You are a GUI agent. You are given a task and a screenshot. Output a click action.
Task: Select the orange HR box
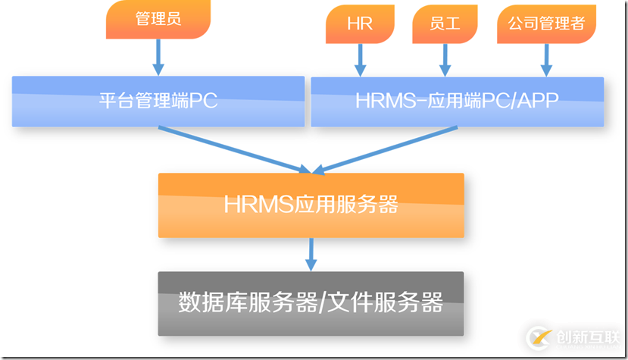point(361,24)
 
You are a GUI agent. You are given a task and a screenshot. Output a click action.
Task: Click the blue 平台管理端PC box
point(158,101)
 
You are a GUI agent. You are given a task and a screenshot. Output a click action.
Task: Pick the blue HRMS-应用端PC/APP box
point(457,101)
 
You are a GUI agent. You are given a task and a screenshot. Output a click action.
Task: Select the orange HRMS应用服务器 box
point(311,205)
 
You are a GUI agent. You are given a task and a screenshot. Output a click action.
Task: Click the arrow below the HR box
point(361,58)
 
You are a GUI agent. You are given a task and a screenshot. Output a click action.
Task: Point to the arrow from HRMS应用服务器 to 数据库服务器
point(311,253)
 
